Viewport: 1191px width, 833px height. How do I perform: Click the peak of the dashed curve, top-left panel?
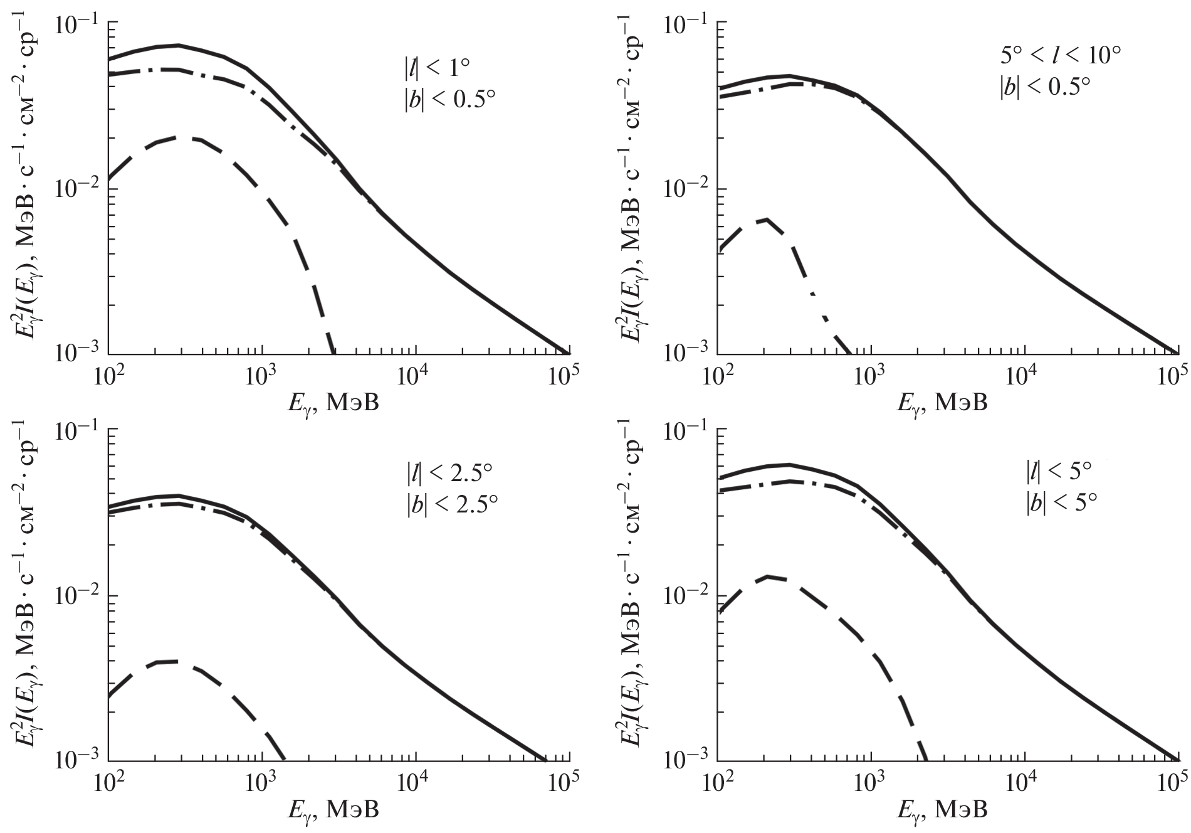click(x=182, y=137)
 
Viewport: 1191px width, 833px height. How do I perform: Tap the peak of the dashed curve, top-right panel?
click(x=765, y=220)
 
